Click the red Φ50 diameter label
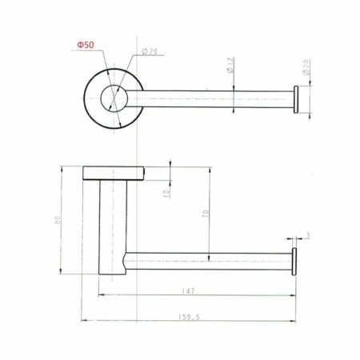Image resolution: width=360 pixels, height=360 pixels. pos(86,45)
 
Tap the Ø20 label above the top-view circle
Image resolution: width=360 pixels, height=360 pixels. pos(150,51)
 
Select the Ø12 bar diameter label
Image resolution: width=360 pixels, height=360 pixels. pos(230,65)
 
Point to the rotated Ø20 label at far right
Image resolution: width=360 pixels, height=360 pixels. pos(306,67)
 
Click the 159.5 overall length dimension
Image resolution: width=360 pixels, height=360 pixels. pos(189,317)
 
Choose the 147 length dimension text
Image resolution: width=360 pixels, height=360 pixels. pos(188,291)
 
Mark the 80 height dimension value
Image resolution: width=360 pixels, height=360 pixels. pos(58,220)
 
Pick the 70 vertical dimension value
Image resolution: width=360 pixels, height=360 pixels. pos(205,214)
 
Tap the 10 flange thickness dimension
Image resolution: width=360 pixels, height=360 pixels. pos(166,193)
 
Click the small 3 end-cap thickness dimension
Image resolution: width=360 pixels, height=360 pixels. pos(308,235)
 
